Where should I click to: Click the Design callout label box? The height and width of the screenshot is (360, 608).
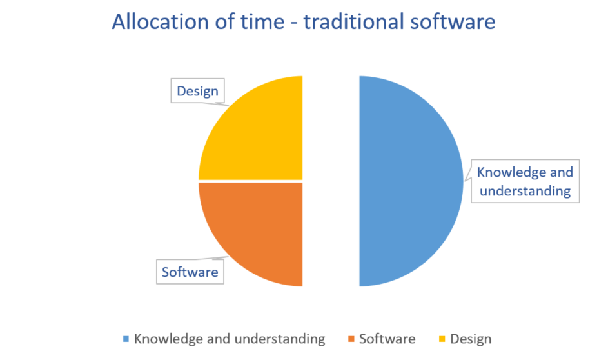197,91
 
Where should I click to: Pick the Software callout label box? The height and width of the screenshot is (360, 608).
190,272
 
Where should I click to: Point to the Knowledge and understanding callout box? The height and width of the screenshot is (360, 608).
525,181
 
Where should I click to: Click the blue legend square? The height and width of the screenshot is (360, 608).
126,339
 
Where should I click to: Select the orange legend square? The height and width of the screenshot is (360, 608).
351,339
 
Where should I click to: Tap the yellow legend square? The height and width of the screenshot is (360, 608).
442,339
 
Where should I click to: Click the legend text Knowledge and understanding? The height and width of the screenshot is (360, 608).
230,339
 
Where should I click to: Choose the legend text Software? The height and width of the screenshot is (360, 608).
387,339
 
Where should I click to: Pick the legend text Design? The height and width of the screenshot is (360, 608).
471,339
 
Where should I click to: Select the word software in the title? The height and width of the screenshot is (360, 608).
453,21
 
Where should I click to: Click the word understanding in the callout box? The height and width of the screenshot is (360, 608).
525,191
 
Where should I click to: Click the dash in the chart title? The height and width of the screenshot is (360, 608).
294,23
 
